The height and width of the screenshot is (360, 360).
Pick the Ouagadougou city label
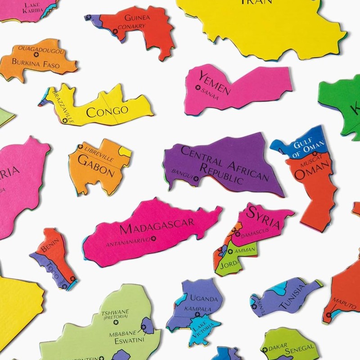[41, 50]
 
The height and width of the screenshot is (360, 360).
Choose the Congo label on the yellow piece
[107, 111]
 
